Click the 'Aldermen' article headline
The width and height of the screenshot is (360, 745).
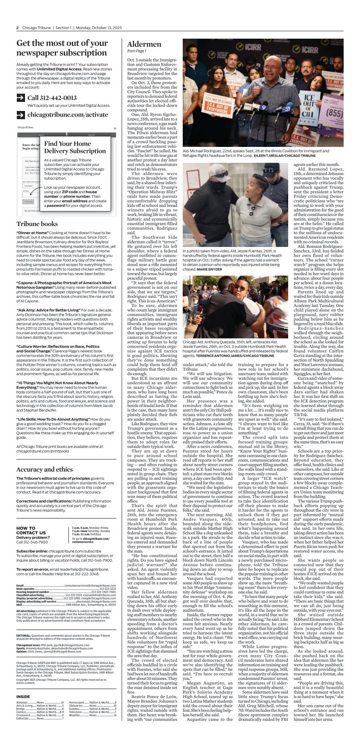pos(144,44)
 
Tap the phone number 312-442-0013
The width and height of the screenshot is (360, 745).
pos(52,98)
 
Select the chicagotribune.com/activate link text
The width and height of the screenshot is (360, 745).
pos(68,115)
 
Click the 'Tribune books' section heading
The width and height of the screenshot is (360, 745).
pos(37,224)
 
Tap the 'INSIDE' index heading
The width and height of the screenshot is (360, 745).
pos(23,696)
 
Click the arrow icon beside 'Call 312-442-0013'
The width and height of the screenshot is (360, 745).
pos(20,98)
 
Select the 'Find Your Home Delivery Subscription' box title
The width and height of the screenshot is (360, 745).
pos(75,147)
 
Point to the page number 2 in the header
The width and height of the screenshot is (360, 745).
pos(17,27)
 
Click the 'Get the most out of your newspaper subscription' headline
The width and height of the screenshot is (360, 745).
pos(61,48)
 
